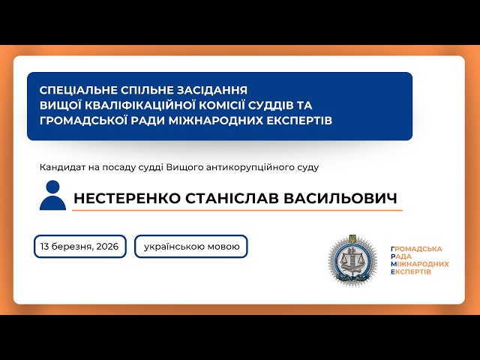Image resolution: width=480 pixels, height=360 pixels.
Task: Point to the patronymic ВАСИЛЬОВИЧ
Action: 348,199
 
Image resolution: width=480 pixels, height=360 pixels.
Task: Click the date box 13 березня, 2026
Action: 79,246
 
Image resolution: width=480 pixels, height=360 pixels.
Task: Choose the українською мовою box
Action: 190,246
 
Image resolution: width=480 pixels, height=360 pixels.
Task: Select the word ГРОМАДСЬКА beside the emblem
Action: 417,248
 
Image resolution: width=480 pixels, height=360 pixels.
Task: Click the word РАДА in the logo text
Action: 405,256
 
